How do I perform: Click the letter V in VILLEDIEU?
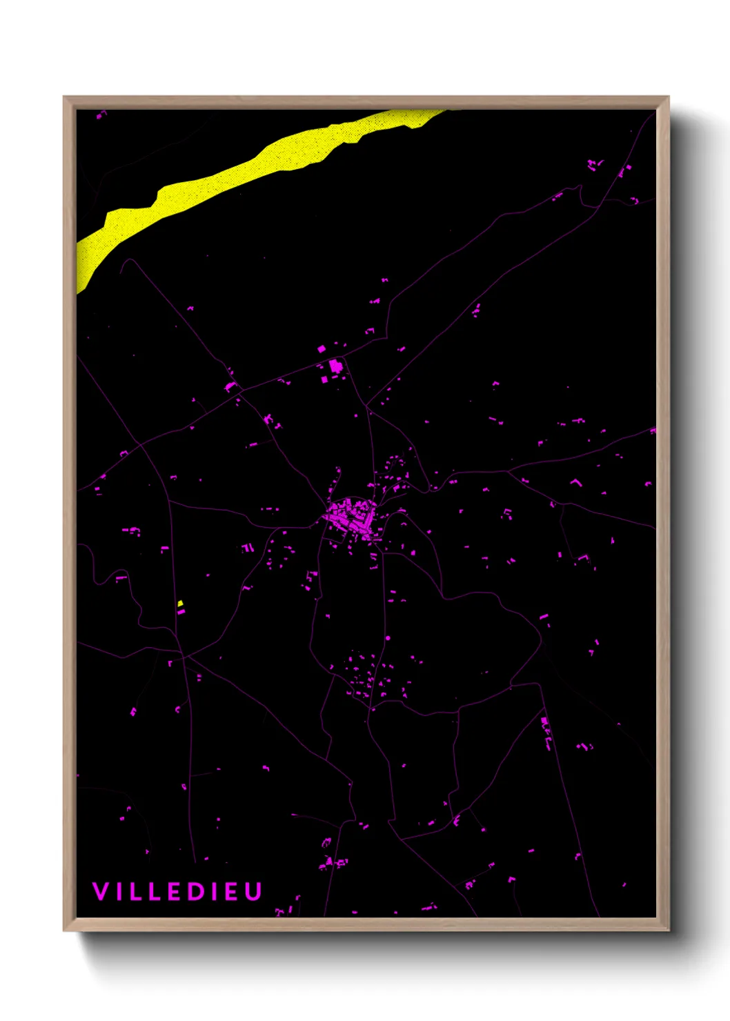tap(100, 891)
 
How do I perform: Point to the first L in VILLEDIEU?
tap(136, 891)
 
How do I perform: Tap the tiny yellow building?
tap(180, 604)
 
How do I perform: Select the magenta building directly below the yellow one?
tap(181, 612)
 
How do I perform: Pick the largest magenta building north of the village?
tap(336, 366)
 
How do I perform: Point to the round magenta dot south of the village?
tap(388, 638)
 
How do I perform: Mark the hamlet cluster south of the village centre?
tap(369, 676)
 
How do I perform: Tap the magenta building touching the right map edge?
tap(653, 430)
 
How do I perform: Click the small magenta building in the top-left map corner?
tap(101, 115)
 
